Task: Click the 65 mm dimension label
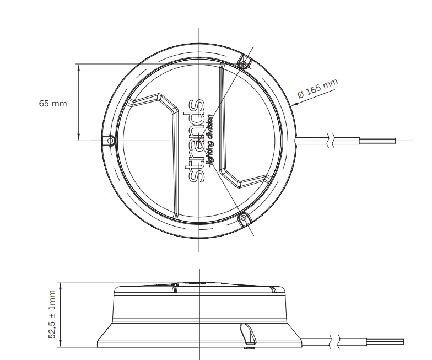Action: [52, 104]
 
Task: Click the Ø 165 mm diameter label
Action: [317, 89]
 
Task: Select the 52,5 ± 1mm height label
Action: [52, 315]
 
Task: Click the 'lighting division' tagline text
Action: [210, 141]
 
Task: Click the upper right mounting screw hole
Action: [242, 64]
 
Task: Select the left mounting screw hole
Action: [111, 141]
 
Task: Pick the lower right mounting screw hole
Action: [242, 219]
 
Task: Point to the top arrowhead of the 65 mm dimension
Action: [79, 67]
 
